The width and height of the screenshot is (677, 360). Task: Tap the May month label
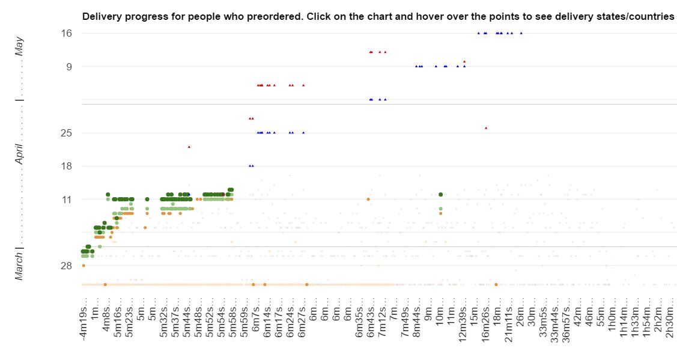click(20, 46)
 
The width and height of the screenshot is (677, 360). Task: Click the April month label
click(20, 153)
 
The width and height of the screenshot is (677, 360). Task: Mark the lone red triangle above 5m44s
click(189, 147)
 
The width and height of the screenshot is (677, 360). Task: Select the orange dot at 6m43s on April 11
click(368, 199)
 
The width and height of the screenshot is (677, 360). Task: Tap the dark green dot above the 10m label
click(441, 194)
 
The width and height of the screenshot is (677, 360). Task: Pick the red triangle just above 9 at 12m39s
click(464, 61)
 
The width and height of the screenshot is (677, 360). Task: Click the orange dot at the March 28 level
click(83, 265)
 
